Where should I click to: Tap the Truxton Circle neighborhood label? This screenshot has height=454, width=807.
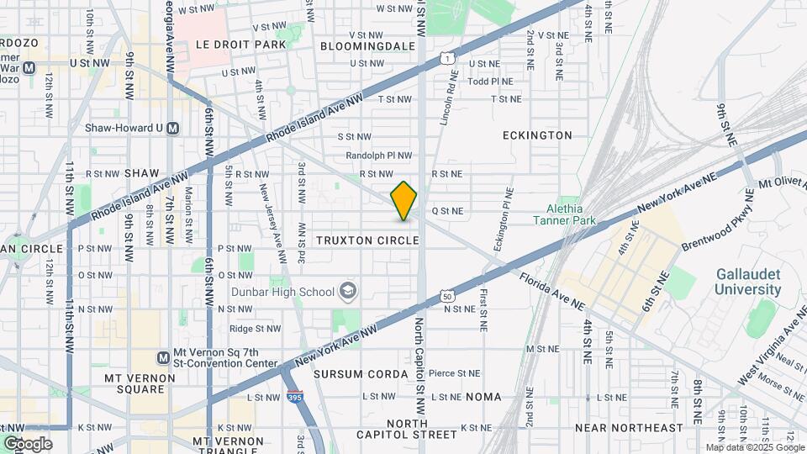tap(367, 240)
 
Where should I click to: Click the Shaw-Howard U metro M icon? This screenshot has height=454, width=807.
tap(173, 129)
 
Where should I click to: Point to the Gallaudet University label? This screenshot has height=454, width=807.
tap(748, 282)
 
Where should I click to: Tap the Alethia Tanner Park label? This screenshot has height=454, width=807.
tap(565, 214)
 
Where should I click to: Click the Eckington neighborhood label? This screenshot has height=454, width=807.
tap(537, 135)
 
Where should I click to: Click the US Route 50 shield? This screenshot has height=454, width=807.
tap(447, 296)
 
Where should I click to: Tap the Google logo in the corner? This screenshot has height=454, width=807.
tap(28, 443)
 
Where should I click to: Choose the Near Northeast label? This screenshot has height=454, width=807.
tap(629, 428)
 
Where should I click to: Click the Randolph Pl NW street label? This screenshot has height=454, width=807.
tap(379, 156)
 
